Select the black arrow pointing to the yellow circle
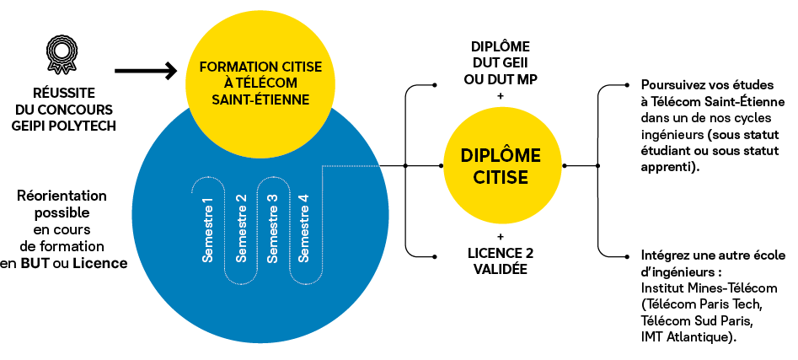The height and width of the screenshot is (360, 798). click(146, 71)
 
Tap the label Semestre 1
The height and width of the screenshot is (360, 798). click(207, 229)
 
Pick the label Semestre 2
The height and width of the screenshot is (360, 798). click(241, 229)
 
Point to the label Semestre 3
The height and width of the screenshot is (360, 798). click(272, 229)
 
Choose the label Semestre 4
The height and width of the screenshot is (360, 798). click(304, 229)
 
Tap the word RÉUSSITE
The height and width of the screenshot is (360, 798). click(64, 94)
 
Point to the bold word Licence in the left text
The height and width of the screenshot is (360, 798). click(99, 263)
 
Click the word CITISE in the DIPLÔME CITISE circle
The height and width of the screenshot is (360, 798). click(501, 177)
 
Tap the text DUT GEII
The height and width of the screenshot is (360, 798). click(501, 63)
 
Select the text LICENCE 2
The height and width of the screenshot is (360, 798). click(501, 253)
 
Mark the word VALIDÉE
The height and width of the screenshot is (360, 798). click(501, 269)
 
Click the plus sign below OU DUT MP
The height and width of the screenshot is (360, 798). click(501, 96)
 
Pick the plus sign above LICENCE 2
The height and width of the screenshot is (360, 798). click(501, 236)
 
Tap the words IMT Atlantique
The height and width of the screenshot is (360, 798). click(688, 337)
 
